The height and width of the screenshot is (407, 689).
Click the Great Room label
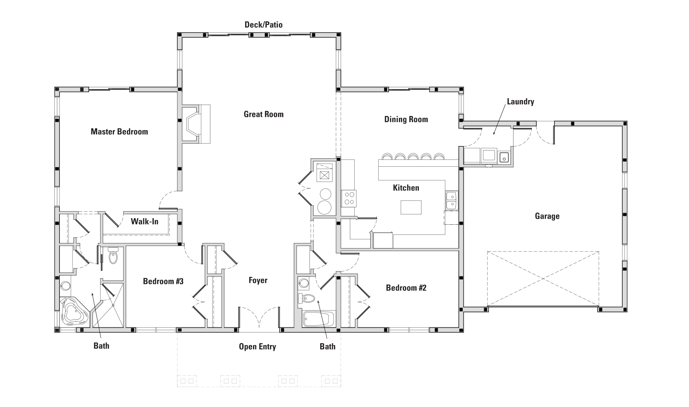tap(264, 114)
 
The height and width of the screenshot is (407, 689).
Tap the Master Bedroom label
tap(119, 132)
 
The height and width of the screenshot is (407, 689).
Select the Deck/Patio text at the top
tap(264, 25)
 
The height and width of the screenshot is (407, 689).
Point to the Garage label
tap(547, 216)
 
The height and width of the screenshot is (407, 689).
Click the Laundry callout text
tap(520, 101)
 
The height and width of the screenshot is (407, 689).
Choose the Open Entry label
tap(257, 347)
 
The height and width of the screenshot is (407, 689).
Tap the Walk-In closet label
tap(145, 221)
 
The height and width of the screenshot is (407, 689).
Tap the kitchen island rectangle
tap(411, 207)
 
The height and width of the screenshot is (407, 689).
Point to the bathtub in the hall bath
tap(316, 319)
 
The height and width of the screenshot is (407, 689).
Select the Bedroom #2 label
tap(406, 288)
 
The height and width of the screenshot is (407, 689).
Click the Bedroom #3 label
tap(163, 281)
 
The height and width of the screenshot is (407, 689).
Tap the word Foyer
tap(258, 280)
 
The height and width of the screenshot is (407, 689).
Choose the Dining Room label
tap(406, 119)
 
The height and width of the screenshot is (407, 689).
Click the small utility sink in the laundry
tap(504, 158)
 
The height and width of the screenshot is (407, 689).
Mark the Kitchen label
tap(406, 188)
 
